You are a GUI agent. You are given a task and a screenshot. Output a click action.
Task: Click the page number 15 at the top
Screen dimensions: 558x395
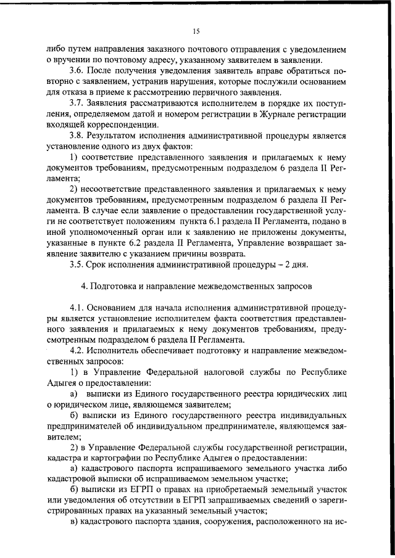point(197,31)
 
